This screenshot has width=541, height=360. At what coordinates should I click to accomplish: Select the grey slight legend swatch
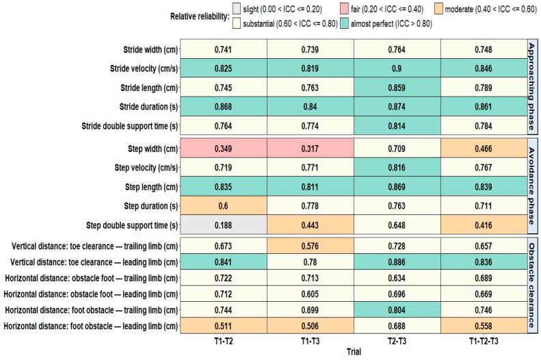237,9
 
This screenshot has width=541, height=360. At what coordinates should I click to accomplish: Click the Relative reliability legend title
196,16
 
